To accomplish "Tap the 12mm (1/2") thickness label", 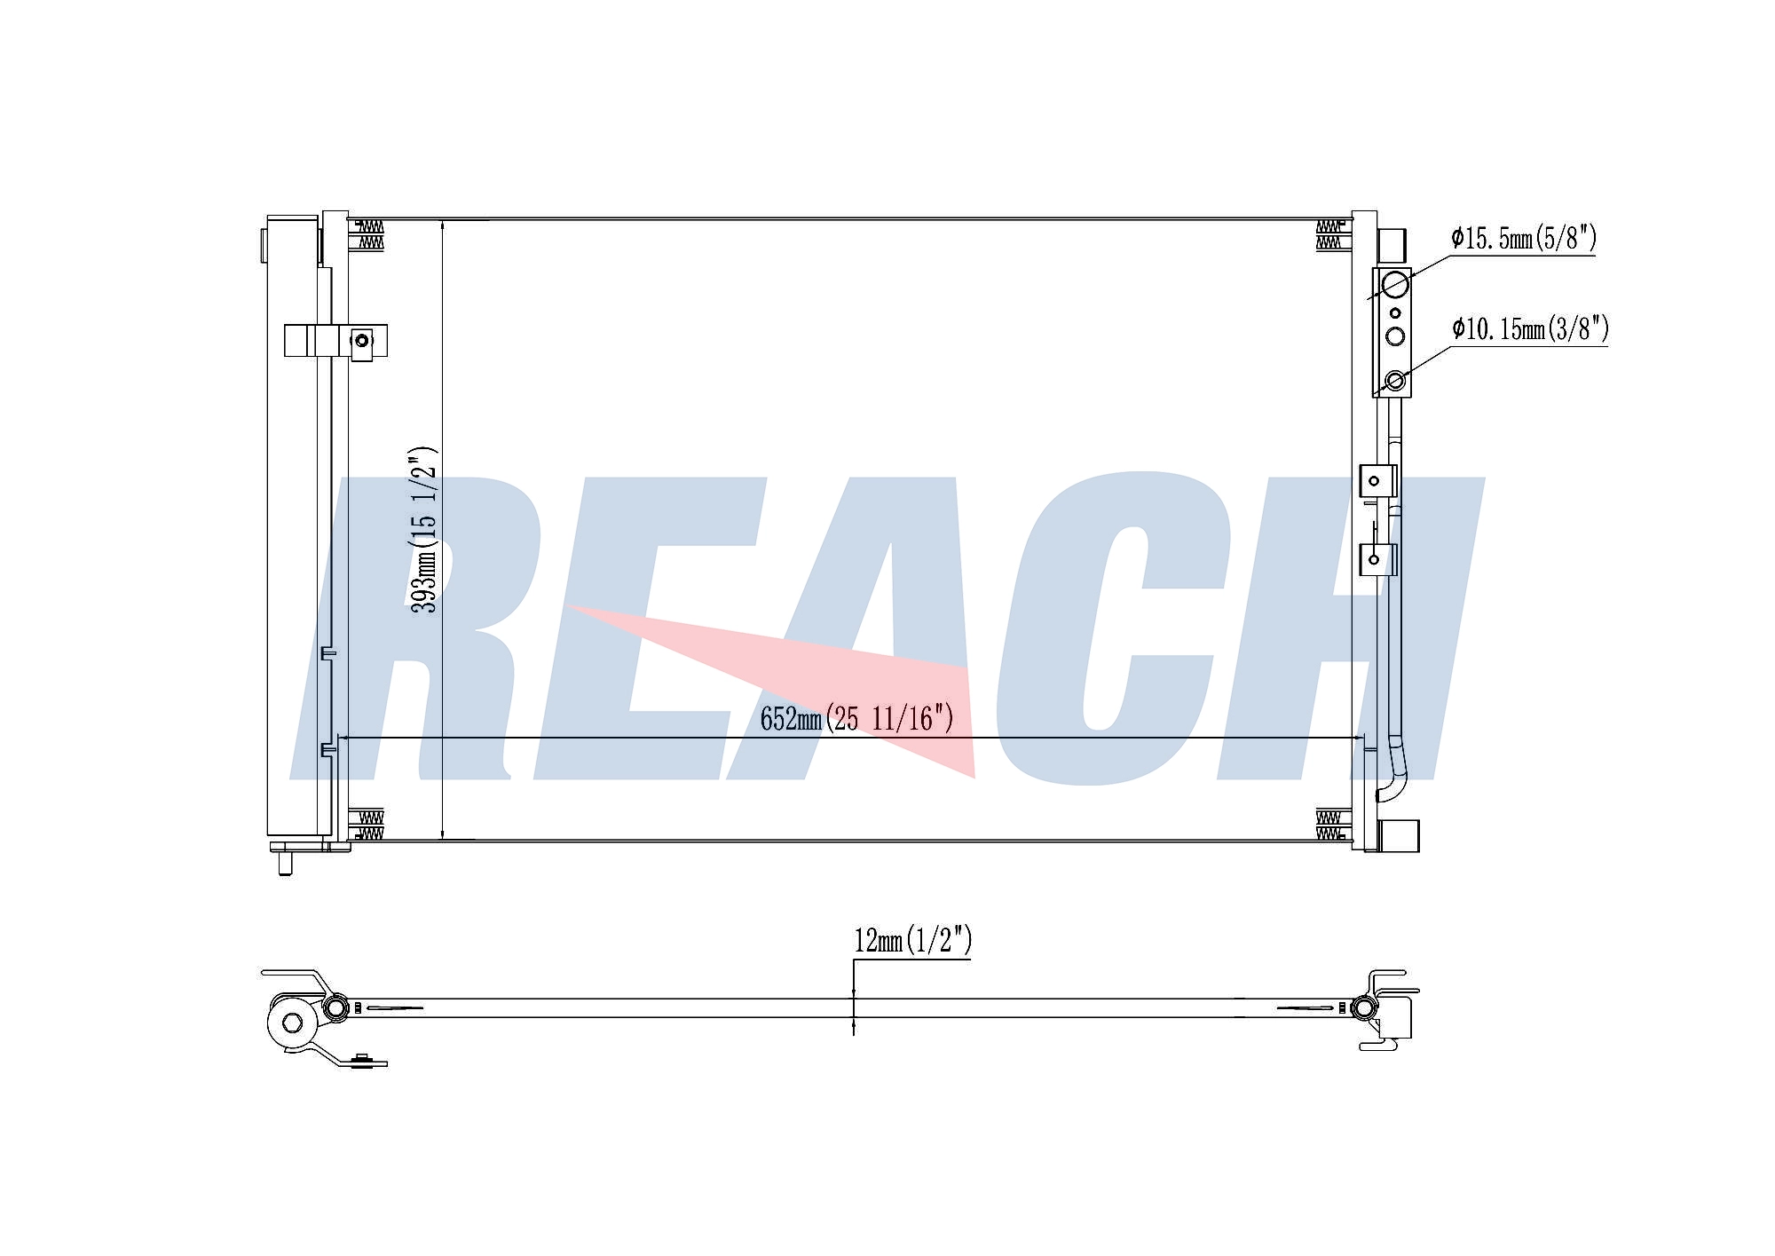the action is point(913,940).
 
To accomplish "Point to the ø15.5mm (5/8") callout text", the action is point(1524,238).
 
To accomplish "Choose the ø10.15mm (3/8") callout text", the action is point(1530,329).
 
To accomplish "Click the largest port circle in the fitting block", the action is point(1395,284).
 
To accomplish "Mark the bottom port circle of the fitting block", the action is point(1395,381).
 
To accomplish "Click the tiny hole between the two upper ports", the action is point(1395,312).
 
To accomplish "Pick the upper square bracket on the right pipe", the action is point(1377,480).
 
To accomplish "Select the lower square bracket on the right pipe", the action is point(1377,559).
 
